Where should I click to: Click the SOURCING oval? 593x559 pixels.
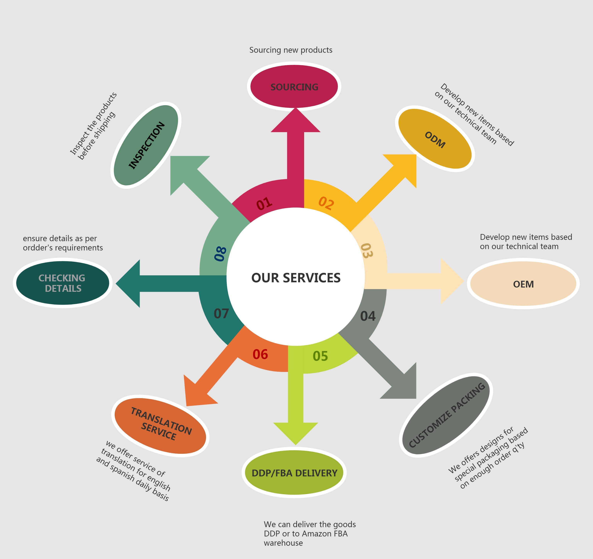tap(294, 87)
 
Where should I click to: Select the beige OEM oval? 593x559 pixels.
tap(523, 284)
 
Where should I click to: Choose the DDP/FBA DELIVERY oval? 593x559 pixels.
tap(294, 473)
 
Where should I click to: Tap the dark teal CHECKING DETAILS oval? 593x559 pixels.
tap(62, 283)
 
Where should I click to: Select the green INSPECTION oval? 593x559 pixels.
tap(146, 145)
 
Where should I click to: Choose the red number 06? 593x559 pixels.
tap(260, 354)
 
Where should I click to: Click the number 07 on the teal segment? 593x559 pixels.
tap(221, 314)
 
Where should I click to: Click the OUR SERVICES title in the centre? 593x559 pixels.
tap(296, 278)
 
